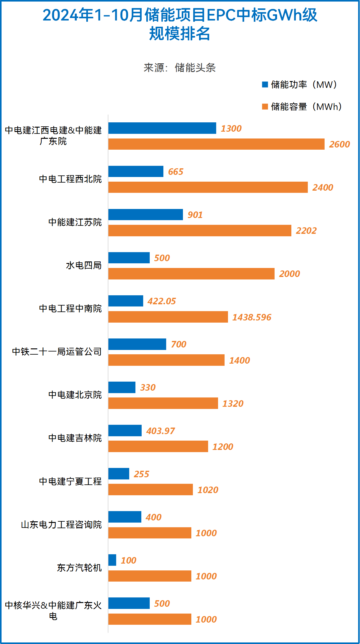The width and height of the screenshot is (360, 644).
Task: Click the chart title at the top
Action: coord(180,24)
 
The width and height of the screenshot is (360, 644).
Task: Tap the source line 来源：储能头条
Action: coord(180,67)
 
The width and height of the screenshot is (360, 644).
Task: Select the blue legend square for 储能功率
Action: coord(265,84)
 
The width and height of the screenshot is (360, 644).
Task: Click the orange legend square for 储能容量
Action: coord(265,107)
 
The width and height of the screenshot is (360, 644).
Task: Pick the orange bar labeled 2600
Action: coord(216,144)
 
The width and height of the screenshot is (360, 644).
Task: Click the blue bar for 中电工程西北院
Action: coord(136,171)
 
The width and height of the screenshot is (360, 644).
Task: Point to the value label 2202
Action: coord(306,231)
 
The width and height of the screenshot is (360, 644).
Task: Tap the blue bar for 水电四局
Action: coord(129,258)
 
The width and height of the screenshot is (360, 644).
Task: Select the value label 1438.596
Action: coord(252,317)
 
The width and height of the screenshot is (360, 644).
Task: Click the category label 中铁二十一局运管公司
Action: coord(57,351)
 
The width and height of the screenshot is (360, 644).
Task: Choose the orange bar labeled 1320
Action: coord(163,403)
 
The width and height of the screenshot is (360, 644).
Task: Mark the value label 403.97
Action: coord(161,431)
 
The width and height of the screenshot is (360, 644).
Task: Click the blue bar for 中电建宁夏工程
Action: coord(119,474)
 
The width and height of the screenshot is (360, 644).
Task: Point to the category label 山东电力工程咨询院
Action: coord(61,524)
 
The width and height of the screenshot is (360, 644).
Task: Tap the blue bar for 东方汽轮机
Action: coord(112,560)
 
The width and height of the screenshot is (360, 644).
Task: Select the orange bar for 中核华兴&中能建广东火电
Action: coord(150,619)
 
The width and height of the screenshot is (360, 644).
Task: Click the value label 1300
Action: coord(231,129)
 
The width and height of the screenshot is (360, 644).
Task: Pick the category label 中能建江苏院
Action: coord(75,222)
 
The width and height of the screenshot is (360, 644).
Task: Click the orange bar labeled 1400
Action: coord(166,360)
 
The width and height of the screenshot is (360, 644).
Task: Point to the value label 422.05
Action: coord(162,301)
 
